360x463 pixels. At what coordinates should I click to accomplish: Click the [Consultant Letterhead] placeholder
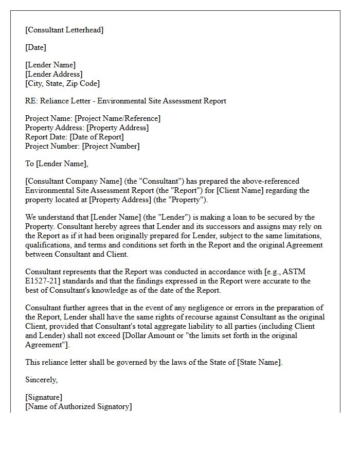coord(64,30)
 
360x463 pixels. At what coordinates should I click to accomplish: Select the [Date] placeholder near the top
coord(35,47)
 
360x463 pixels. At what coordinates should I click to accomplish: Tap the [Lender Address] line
coord(53,74)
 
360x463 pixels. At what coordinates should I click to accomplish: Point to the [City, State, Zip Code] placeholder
coord(62,83)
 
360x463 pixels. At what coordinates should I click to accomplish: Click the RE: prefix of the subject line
coord(31,101)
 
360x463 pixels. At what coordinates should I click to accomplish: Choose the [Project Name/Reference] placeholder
coord(118,118)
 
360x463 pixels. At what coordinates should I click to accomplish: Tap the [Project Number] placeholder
coord(111,146)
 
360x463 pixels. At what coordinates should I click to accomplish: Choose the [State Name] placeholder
coord(259,362)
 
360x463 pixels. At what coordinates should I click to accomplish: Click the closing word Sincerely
coord(42,380)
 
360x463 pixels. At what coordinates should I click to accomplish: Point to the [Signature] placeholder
coord(44,398)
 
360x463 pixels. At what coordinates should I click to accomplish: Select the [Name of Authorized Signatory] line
coord(78,406)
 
